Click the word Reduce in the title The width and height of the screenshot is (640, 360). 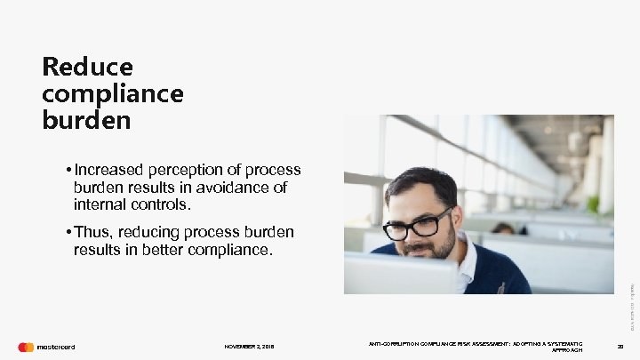coord(87,67)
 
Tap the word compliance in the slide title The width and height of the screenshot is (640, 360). coord(112,92)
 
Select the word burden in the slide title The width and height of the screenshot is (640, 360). coord(86,119)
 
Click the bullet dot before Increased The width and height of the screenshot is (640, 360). coord(68,169)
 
